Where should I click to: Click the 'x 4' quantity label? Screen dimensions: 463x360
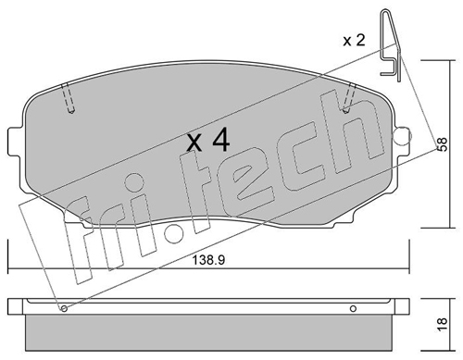[x=208, y=141]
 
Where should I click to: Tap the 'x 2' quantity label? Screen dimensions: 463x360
[x=354, y=41]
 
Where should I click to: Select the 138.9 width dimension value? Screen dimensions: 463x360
[x=208, y=260]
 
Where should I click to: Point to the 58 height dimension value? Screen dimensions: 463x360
[x=442, y=144]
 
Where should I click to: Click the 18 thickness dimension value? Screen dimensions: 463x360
[x=442, y=325]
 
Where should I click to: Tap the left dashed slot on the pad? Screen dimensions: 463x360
[x=69, y=98]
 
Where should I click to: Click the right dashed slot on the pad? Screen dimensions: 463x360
[x=350, y=98]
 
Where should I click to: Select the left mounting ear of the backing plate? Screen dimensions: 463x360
[x=16, y=140]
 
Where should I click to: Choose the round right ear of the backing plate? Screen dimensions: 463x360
[x=403, y=135]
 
